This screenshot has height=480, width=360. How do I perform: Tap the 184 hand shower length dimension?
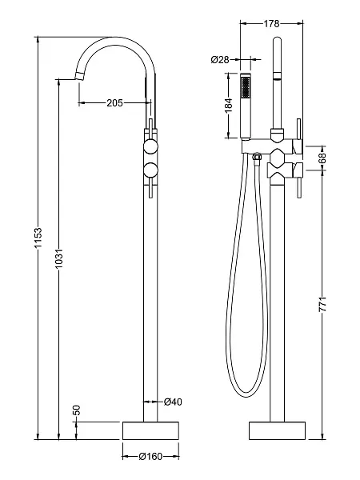[x=228, y=104]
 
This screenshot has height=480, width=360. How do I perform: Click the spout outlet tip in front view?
[x=79, y=75]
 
